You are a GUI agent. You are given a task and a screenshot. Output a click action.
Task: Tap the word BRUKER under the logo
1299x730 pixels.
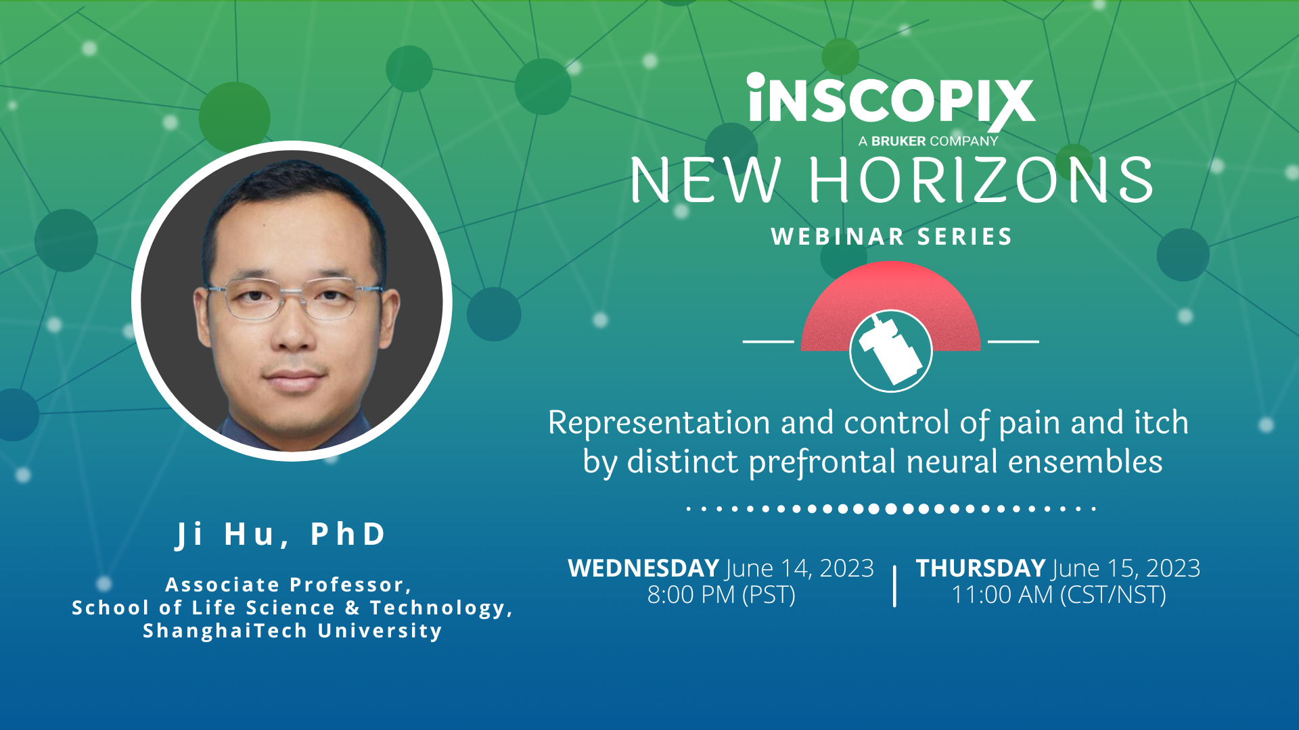tap(898, 141)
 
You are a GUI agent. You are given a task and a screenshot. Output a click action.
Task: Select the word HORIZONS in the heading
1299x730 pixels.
tap(981, 180)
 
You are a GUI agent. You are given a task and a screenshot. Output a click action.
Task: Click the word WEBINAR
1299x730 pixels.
tap(838, 237)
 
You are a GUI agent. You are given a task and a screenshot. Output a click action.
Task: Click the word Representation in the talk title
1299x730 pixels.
tap(659, 423)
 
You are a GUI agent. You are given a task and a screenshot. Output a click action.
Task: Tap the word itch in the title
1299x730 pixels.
tap(1161, 423)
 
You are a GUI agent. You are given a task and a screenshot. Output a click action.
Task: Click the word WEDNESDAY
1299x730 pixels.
tap(643, 568)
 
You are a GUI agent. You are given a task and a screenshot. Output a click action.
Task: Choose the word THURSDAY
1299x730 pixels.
tap(980, 568)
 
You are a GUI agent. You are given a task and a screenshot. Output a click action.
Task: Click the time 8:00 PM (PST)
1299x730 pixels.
tap(721, 595)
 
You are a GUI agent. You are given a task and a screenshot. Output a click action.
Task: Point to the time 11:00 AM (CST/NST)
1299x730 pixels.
tap(1059, 595)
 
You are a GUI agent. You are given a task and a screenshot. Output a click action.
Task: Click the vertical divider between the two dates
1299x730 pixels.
tap(894, 585)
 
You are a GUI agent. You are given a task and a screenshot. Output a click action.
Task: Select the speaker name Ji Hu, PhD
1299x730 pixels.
tap(281, 534)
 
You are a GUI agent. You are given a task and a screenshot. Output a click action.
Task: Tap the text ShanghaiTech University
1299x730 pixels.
tap(292, 631)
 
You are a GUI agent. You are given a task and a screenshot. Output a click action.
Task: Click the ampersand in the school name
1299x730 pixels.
tap(352, 608)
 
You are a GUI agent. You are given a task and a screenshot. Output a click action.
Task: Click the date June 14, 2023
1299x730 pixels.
tap(800, 568)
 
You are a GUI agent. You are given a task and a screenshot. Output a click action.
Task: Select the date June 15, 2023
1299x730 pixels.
tap(1126, 568)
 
